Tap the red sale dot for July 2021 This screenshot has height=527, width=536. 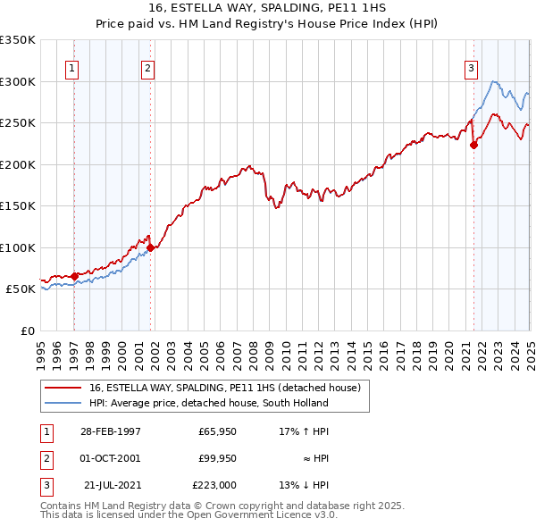pyautogui.click(x=473, y=146)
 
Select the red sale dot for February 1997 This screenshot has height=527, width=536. pyautogui.click(x=74, y=276)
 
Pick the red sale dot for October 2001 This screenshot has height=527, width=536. pyautogui.click(x=150, y=248)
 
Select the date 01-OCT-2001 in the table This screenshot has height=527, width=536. pyautogui.click(x=110, y=458)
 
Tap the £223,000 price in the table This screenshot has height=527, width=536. pyautogui.click(x=214, y=486)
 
